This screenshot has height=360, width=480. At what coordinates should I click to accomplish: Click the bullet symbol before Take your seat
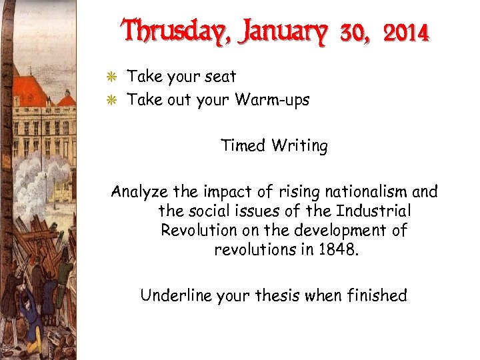pos(115,77)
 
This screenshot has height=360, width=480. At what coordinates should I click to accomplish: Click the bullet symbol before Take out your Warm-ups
pos(115,101)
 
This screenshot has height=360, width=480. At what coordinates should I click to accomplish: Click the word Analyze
pos(139,193)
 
